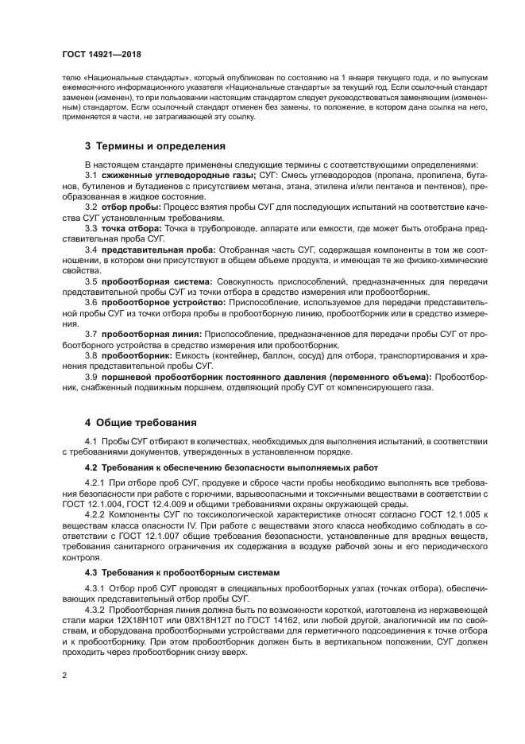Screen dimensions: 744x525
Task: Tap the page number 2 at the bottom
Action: click(x=64, y=675)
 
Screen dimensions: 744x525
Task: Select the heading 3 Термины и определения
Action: click(x=144, y=146)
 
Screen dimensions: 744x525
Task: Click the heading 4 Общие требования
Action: click(x=136, y=422)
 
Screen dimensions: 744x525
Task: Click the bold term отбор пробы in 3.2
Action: click(x=130, y=207)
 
